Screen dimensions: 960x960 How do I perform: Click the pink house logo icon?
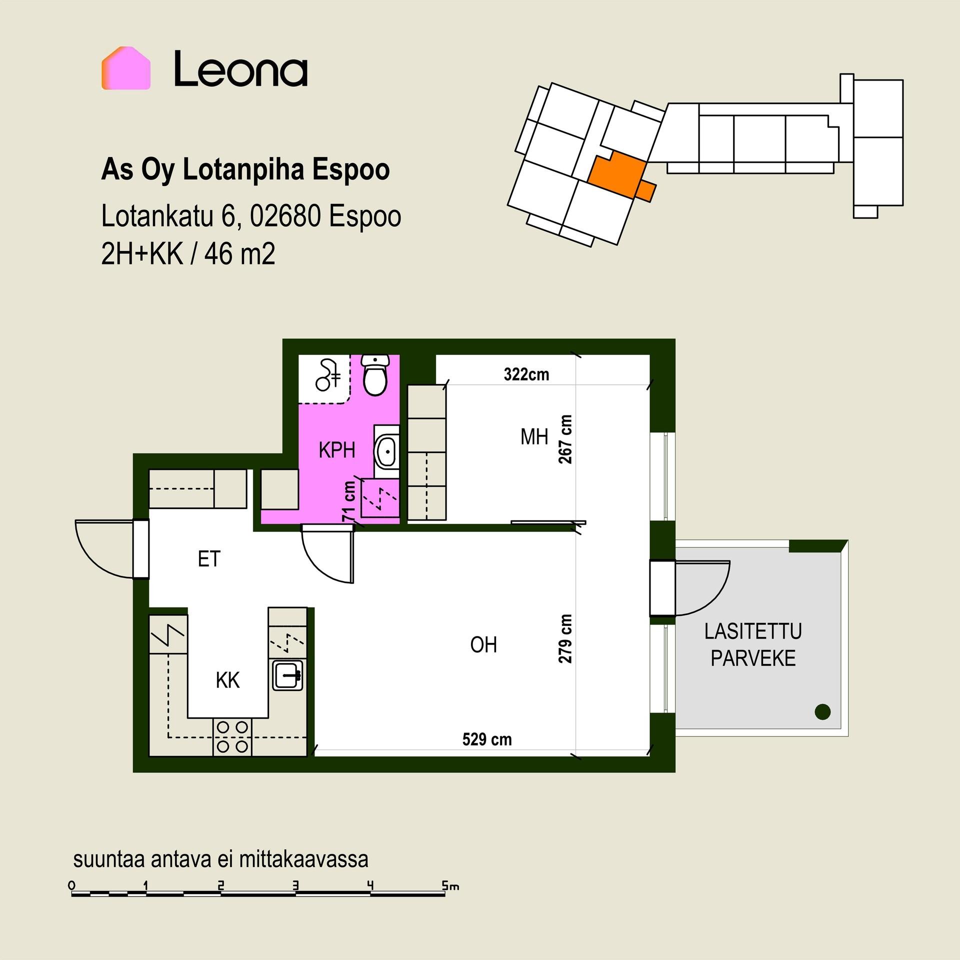coord(126,68)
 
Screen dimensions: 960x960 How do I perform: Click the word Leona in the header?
coord(240,69)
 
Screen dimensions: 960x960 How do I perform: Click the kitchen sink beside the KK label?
coord(287,675)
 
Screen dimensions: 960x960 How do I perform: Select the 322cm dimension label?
coord(526,374)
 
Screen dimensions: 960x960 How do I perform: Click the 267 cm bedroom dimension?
coord(565,439)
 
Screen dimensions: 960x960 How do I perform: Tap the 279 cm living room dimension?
coord(565,638)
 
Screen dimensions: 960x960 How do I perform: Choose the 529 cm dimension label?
coord(487,739)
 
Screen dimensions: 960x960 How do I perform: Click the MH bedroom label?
coord(534,437)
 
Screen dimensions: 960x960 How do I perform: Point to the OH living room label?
coord(483,645)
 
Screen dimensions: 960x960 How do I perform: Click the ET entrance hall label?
coord(209,559)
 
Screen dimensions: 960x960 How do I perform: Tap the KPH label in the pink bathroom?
coord(337,450)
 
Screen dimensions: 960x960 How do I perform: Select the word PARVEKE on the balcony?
coord(753,658)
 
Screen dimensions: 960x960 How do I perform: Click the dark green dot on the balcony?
coord(822,711)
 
